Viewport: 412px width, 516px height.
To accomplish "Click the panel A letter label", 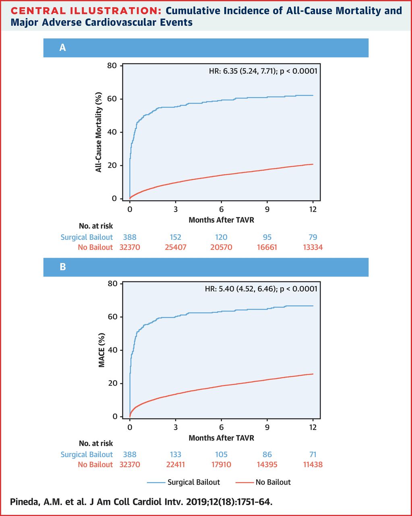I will [62, 48].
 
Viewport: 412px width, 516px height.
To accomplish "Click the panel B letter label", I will [62, 267].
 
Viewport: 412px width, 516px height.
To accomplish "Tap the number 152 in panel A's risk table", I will [175, 237].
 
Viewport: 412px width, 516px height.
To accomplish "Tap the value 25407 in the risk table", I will [175, 247].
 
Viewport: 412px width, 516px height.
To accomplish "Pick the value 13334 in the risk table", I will [313, 247].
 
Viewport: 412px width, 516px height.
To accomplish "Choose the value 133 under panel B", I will [175, 454].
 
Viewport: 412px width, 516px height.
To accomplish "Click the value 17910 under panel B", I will [221, 464].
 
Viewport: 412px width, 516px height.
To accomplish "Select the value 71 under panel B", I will [313, 454].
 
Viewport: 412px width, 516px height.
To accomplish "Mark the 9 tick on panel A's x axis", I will [267, 209].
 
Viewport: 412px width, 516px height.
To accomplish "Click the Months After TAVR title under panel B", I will [221, 438].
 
